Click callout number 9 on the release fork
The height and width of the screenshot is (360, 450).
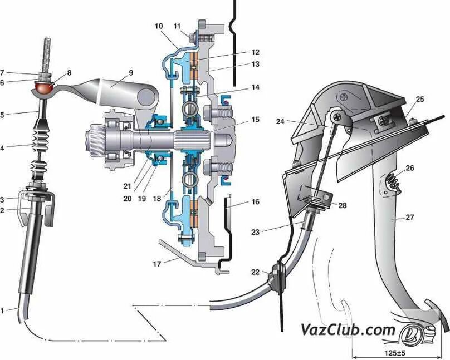(131, 73)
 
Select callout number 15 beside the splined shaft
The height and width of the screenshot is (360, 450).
(255, 120)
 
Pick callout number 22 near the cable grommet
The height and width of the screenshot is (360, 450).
(255, 272)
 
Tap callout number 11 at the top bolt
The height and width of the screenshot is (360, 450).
(177, 26)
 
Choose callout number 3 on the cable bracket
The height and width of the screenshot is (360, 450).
(3, 199)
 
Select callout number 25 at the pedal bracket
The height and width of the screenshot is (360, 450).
(419, 99)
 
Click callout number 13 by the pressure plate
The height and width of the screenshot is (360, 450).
(255, 65)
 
